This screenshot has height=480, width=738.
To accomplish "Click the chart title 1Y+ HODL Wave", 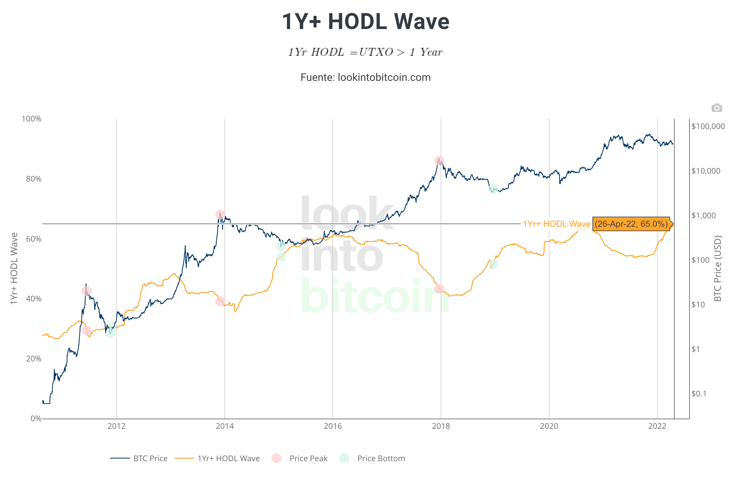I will click(365, 22).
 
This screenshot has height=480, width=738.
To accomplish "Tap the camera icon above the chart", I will click(717, 108).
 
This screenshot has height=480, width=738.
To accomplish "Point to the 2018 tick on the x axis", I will click(441, 426).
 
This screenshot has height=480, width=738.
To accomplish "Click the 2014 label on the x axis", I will click(224, 426).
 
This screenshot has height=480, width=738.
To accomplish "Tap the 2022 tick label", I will click(657, 426).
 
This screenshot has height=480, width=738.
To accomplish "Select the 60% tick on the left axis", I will click(34, 239).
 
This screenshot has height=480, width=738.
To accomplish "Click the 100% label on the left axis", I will click(32, 119).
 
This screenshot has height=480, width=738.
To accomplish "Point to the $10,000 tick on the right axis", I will click(706, 171).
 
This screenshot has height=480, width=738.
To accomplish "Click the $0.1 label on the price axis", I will click(699, 394).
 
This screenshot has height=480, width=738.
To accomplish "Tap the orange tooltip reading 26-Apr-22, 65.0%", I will click(631, 224).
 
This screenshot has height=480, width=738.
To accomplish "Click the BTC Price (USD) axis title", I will click(718, 268).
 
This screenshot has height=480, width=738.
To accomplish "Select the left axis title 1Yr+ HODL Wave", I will click(14, 268).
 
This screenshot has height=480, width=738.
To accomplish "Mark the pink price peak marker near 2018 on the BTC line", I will click(439, 161).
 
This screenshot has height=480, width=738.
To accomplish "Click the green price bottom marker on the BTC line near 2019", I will click(493, 189).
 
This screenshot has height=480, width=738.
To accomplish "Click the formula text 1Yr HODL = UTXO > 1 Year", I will click(365, 52).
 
